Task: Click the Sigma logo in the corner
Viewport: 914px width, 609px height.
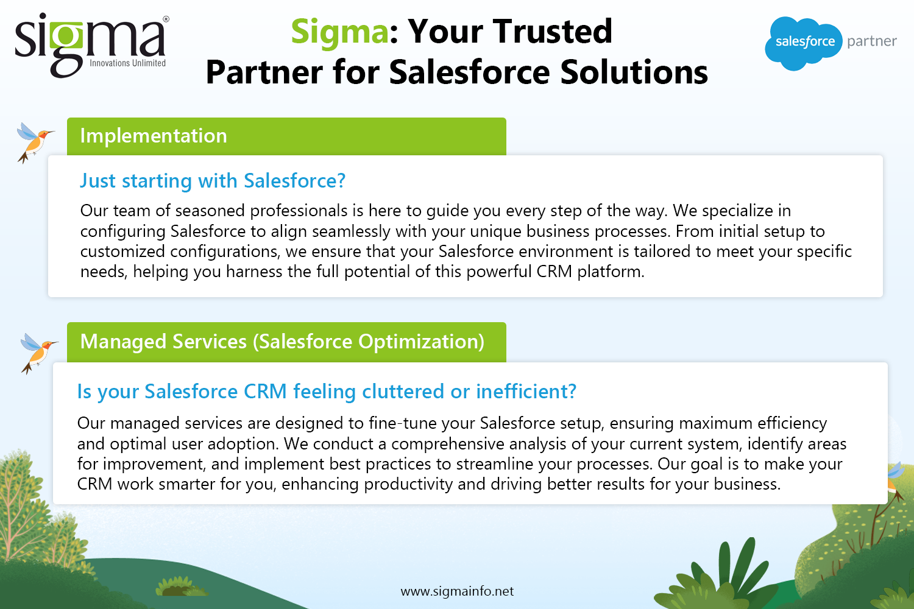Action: [91, 45]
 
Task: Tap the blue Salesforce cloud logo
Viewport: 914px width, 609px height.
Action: [803, 43]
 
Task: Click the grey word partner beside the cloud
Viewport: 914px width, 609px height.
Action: [872, 41]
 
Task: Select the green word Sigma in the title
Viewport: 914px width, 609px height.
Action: [339, 32]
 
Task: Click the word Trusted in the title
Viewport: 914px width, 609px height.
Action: [553, 31]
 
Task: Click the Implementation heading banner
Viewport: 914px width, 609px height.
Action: [286, 136]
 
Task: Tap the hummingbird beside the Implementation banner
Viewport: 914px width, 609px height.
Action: [34, 143]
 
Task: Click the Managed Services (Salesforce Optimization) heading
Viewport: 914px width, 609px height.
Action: [282, 342]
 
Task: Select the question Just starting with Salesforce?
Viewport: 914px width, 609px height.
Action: [213, 181]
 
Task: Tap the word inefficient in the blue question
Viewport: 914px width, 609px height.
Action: [526, 391]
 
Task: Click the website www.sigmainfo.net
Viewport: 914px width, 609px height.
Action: [457, 591]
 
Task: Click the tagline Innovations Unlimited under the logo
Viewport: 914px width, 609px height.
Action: [128, 63]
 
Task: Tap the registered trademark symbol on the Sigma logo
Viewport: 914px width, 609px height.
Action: [166, 19]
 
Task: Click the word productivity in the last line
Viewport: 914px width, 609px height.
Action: [408, 485]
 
